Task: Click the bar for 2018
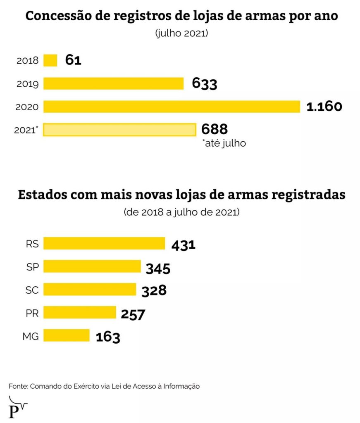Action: (x=50, y=60)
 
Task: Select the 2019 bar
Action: (x=114, y=83)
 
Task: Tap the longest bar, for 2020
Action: (x=172, y=107)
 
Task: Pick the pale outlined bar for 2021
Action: (x=119, y=130)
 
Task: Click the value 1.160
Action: (x=324, y=107)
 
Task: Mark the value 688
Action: (x=215, y=130)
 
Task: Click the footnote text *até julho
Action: (x=224, y=144)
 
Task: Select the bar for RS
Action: (x=104, y=244)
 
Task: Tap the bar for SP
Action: (x=92, y=266)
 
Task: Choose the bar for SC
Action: (x=90, y=290)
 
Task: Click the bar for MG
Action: (x=67, y=335)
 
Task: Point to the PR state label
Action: (x=32, y=313)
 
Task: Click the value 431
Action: (x=183, y=245)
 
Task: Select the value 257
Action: (x=133, y=314)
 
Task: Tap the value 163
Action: (x=108, y=337)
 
